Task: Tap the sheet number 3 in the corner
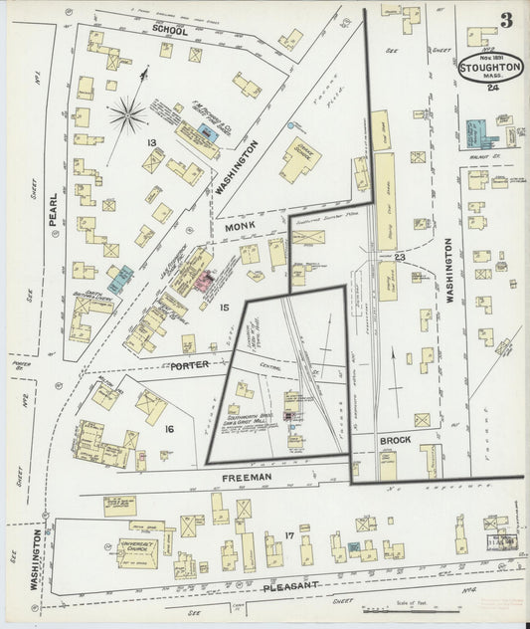pyautogui.click(x=507, y=19)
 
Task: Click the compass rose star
pyautogui.click(x=127, y=114)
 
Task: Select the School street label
pyautogui.click(x=171, y=30)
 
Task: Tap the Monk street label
pyautogui.click(x=243, y=227)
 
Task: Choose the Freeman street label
pyautogui.click(x=248, y=478)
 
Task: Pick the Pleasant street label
pyautogui.click(x=290, y=587)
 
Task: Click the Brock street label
pyautogui.click(x=388, y=438)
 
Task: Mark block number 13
pyautogui.click(x=151, y=144)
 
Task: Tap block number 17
pyautogui.click(x=288, y=538)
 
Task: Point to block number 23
pyautogui.click(x=400, y=258)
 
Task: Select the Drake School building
pyautogui.click(x=299, y=156)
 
